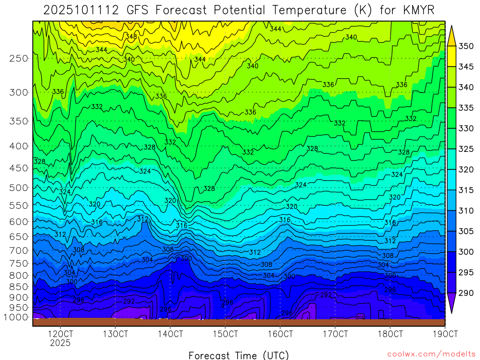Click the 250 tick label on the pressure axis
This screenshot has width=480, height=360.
18,59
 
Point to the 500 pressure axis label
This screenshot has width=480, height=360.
18,188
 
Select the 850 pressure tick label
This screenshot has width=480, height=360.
18,286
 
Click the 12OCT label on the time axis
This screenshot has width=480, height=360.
60,334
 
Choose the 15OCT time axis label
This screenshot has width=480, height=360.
225,334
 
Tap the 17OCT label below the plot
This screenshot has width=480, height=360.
335,334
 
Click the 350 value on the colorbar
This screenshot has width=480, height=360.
466,46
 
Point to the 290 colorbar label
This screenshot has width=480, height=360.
466,293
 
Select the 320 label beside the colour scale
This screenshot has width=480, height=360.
466,170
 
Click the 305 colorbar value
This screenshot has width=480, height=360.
466,231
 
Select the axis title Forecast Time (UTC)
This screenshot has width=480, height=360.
239,355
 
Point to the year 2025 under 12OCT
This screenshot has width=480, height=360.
60,343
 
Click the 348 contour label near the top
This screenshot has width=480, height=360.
131,36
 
